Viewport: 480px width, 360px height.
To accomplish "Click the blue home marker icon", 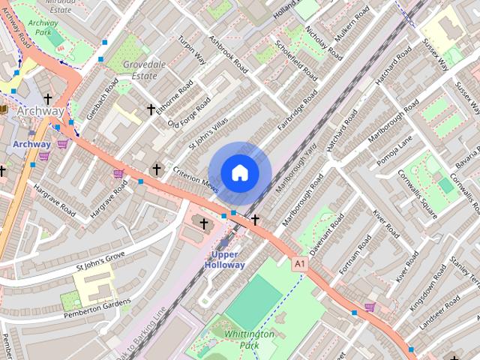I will pyautogui.click(x=238, y=172).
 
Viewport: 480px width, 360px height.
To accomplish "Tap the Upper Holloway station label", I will pyautogui.click(x=223, y=259).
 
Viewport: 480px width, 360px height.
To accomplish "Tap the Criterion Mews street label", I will pyautogui.click(x=193, y=179).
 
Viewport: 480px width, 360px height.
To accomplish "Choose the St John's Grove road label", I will pyautogui.click(x=100, y=262).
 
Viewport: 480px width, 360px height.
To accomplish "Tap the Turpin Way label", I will pyautogui.click(x=191, y=49).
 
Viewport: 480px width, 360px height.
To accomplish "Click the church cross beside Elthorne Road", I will pyautogui.click(x=151, y=109).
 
